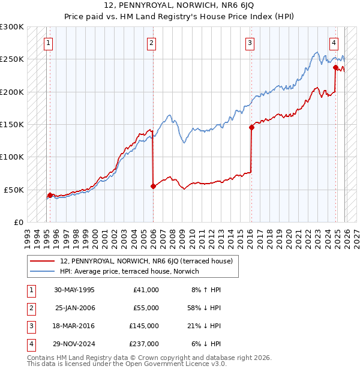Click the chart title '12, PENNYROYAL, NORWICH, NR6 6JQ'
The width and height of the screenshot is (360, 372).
[179, 7]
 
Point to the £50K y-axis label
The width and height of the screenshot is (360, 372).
[14, 190]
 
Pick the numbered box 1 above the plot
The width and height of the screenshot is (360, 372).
[47, 43]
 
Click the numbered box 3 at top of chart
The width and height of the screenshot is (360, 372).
[250, 43]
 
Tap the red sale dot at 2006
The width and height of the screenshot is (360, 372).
[153, 186]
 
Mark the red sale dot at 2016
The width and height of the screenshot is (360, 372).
[251, 127]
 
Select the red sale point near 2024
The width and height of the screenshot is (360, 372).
[335, 68]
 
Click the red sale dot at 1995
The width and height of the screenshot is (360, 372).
[50, 195]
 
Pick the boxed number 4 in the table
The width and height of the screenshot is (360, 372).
[29, 344]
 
